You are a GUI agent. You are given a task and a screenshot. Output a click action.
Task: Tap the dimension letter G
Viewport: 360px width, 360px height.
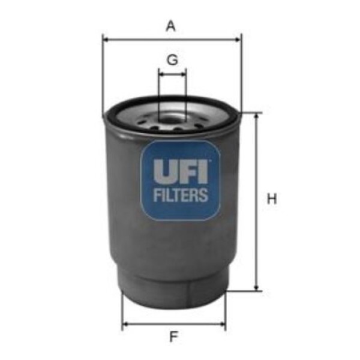click(172, 60)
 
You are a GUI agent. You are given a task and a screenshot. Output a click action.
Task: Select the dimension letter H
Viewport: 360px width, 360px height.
click(272, 199)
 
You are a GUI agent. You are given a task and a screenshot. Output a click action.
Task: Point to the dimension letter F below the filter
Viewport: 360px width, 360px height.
click(173, 337)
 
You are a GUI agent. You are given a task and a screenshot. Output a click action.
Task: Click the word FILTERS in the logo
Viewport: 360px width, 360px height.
click(181, 194)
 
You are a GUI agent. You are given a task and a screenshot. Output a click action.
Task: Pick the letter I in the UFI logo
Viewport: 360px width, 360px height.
click(203, 172)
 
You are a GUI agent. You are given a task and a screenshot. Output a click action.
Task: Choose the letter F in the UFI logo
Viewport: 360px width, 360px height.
click(187, 172)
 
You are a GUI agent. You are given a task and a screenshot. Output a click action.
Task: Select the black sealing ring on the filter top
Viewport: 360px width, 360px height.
click(172, 109)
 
